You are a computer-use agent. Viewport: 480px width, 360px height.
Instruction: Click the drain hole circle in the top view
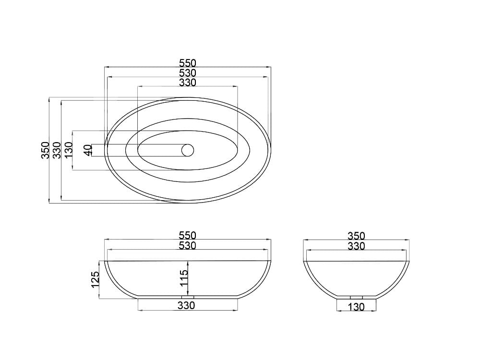(187, 150)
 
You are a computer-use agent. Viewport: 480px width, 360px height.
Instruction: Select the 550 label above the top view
(188, 63)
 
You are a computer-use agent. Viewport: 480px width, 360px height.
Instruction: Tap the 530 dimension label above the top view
(188, 73)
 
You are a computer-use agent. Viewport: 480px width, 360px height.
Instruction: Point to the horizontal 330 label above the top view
(188, 83)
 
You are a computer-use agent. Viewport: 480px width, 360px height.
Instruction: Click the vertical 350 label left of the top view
(45, 150)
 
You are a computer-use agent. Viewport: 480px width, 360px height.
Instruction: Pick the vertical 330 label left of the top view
(57, 150)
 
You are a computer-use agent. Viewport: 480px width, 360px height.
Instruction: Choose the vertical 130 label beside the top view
(68, 150)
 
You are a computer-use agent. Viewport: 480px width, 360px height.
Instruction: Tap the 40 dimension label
(87, 150)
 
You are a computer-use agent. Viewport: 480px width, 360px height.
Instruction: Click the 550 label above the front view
(188, 236)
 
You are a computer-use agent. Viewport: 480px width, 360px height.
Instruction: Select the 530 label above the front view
(188, 246)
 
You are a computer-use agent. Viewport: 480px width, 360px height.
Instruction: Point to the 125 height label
(95, 280)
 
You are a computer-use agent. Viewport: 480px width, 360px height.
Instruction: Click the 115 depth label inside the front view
(184, 278)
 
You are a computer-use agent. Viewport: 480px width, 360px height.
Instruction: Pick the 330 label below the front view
(186, 305)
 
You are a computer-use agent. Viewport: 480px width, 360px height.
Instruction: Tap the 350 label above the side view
(356, 236)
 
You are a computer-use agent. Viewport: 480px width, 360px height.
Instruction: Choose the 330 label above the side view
(356, 246)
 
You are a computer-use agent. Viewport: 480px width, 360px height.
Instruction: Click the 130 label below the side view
(356, 307)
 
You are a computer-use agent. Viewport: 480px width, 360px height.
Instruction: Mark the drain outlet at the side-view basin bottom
(356, 297)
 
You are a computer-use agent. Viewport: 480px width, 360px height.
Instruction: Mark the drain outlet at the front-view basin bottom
(188, 297)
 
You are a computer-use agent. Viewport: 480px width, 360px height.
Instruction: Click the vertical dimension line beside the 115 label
(188, 278)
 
